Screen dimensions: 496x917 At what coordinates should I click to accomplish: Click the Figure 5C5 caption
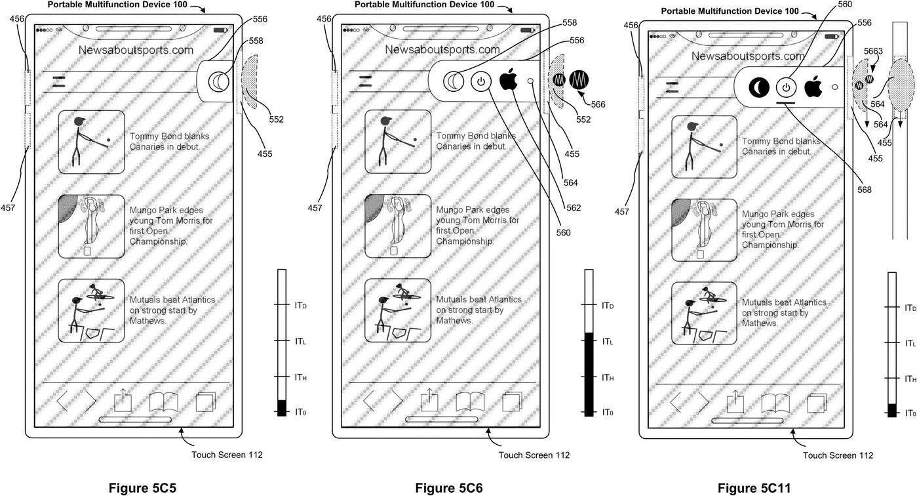[142, 487]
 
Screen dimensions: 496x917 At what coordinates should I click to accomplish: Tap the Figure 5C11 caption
[754, 487]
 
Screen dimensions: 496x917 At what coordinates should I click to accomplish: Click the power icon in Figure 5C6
[481, 82]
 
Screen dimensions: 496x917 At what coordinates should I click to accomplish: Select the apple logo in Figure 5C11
[813, 87]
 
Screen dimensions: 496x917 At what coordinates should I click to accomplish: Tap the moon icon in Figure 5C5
[218, 82]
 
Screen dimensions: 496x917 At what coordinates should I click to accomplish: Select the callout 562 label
[574, 207]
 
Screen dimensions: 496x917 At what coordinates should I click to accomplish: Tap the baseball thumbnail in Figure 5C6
[398, 310]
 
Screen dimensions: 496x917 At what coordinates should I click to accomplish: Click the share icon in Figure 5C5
[123, 400]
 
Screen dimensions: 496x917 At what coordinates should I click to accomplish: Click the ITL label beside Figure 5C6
[608, 341]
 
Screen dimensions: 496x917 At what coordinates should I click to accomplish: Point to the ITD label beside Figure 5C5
[301, 305]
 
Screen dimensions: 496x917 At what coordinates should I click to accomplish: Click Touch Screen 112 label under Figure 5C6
[534, 455]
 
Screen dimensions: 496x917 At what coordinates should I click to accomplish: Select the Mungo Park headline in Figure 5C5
[171, 226]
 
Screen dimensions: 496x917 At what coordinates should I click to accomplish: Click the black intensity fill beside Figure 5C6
[589, 374]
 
